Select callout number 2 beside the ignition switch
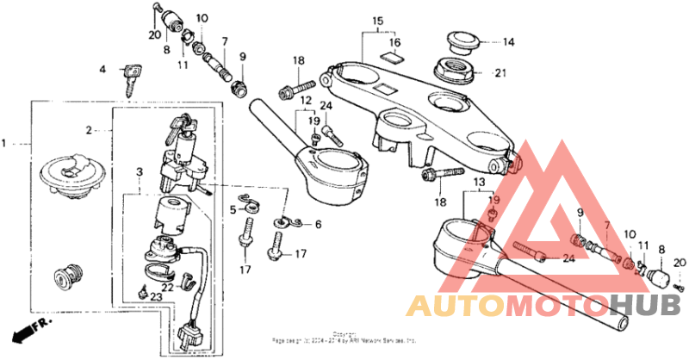[89, 130]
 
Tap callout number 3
[139, 173]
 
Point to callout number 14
[508, 41]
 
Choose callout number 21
[500, 73]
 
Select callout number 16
[394, 41]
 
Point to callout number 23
[156, 295]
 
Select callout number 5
[233, 209]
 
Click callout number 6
[318, 225]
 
